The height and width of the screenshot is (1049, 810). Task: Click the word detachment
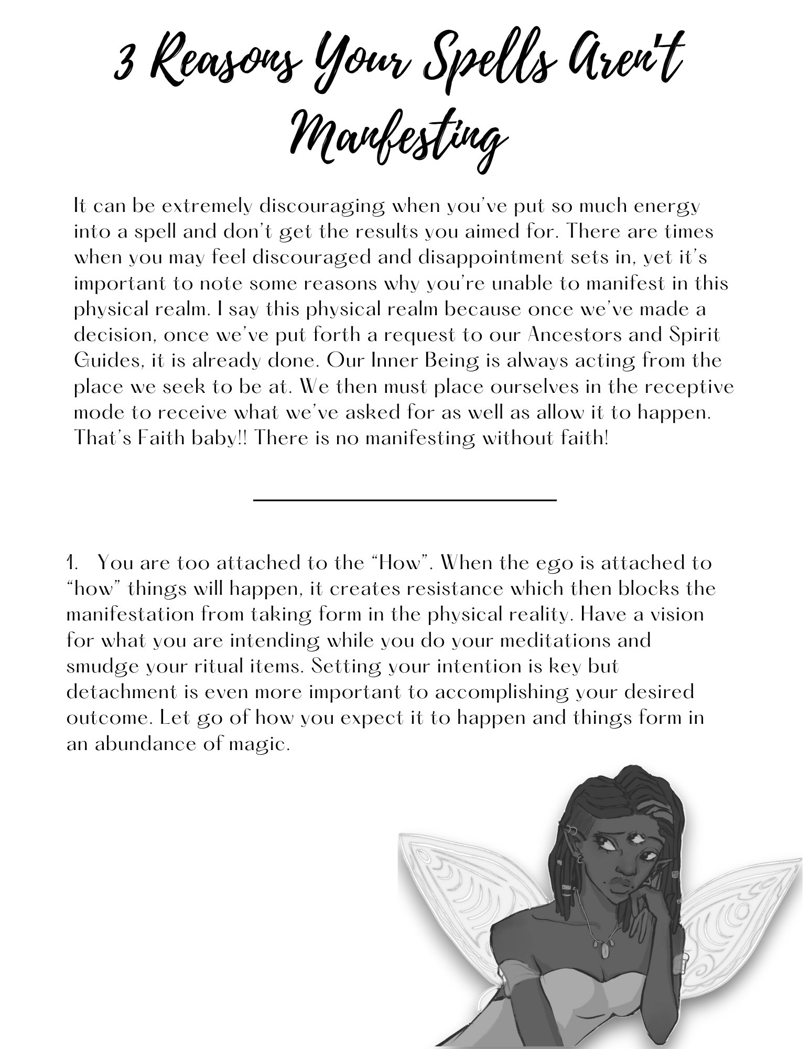tap(122, 692)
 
